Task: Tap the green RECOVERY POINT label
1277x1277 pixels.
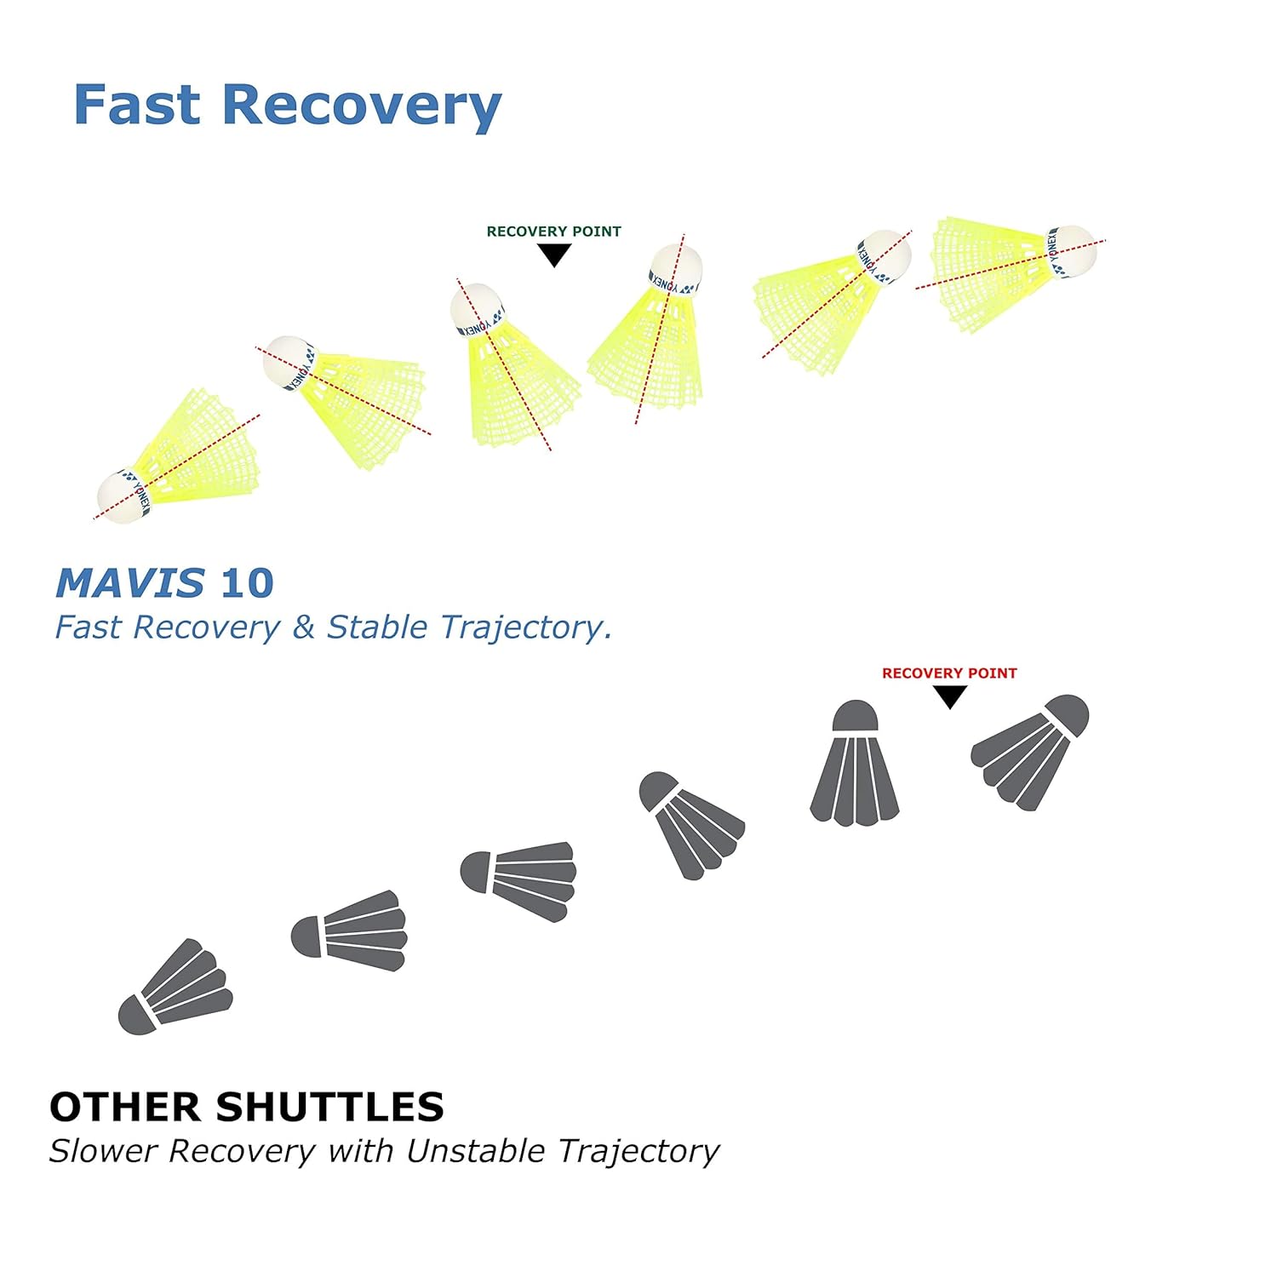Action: pyautogui.click(x=553, y=232)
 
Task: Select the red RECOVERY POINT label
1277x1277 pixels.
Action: pyautogui.click(x=949, y=673)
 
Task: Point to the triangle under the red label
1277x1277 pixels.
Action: pyautogui.click(x=950, y=696)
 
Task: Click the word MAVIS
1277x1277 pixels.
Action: pyautogui.click(x=130, y=583)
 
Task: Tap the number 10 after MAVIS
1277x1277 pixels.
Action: pyautogui.click(x=247, y=583)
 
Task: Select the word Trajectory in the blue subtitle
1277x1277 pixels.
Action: pyautogui.click(x=525, y=627)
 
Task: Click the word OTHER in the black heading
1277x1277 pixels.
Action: pyautogui.click(x=126, y=1107)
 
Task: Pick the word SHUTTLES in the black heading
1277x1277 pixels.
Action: pyautogui.click(x=329, y=1107)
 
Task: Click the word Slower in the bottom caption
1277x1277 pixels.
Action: pyautogui.click(x=103, y=1151)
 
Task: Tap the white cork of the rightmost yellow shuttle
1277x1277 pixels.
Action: pyautogui.click(x=1073, y=252)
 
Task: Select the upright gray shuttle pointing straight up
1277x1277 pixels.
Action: pyautogui.click(x=855, y=764)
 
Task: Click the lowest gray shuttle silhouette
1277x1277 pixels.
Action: pyautogui.click(x=175, y=988)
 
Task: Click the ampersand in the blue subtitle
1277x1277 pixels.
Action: pyautogui.click(x=303, y=627)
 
